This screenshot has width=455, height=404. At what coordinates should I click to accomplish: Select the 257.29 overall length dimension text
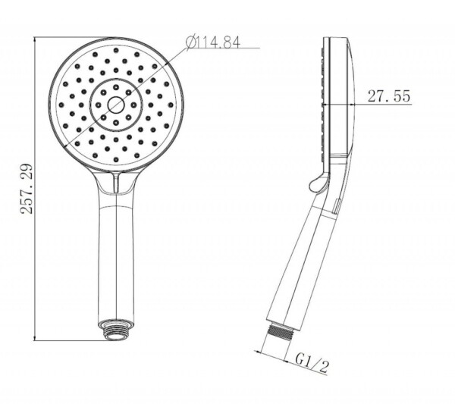[x=27, y=189]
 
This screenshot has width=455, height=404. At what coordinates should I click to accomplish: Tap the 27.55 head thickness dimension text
[x=389, y=96]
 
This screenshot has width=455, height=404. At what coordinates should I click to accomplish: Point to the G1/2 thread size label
[x=312, y=363]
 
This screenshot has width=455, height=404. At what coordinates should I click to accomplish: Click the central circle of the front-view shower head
[x=116, y=105]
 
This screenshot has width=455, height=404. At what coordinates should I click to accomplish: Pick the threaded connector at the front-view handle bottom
[x=116, y=330]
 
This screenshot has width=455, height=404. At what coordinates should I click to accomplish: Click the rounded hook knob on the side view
[x=319, y=183]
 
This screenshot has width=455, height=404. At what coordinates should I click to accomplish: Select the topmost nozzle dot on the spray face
[x=116, y=50]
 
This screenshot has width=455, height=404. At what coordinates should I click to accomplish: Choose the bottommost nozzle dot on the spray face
[x=116, y=159]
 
